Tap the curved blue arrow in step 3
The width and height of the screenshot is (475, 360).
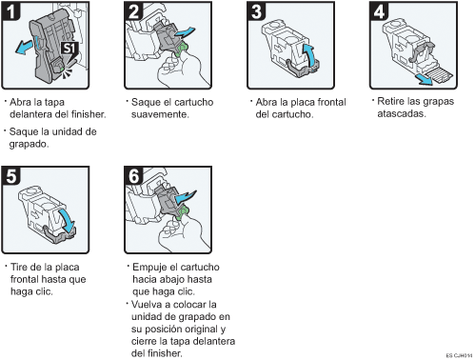[306, 53]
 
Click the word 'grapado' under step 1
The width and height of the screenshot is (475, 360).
[27, 144]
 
